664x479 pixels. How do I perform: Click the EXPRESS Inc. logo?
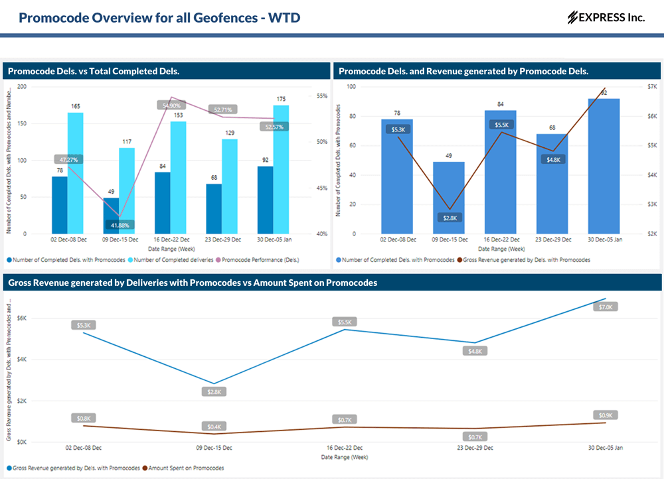[x=606, y=17]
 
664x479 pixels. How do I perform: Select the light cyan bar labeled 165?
[x=76, y=172]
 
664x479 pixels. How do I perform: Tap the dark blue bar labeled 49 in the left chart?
[x=111, y=216]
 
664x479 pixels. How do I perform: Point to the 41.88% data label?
[x=120, y=225]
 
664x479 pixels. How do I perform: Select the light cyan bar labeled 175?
[x=281, y=169]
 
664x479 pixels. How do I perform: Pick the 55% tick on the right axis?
[x=321, y=96]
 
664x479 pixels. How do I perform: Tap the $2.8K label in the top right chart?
[x=450, y=218]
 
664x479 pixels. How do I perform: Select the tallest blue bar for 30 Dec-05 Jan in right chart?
[x=604, y=166]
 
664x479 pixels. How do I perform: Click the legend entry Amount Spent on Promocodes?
[x=187, y=468]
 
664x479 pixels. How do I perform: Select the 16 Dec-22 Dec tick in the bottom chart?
[x=343, y=448]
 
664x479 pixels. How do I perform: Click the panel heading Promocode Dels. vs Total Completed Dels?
[x=94, y=71]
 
